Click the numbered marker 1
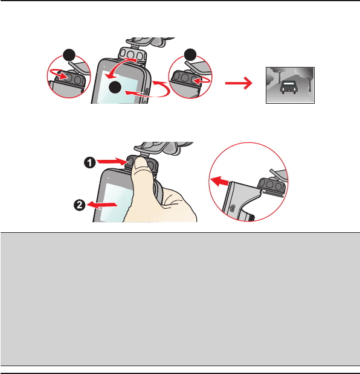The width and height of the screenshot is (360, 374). click(89, 163)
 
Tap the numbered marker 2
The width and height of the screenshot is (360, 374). click(80, 205)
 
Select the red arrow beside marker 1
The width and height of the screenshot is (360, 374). click(112, 162)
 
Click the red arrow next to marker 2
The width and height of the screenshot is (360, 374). click(102, 204)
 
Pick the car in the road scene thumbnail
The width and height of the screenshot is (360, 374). click(289, 87)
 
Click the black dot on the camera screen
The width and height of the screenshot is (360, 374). click(115, 87)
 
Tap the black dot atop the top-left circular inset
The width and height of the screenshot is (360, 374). click(69, 55)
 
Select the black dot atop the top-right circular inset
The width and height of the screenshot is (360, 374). click(190, 55)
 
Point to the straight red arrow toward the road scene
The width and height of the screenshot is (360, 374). click(239, 83)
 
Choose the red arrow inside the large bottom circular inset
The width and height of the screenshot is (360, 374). click(220, 182)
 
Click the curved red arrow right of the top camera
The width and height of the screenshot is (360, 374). click(153, 90)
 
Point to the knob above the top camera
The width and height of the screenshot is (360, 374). click(133, 55)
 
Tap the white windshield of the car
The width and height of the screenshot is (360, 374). click(289, 84)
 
